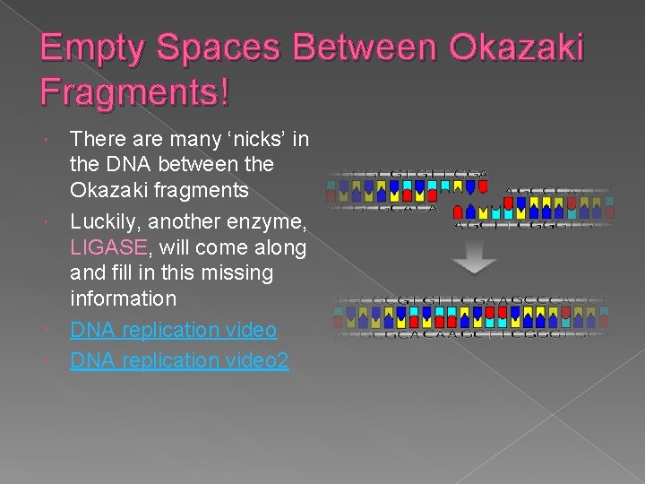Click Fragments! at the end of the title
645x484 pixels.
click(x=135, y=91)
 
